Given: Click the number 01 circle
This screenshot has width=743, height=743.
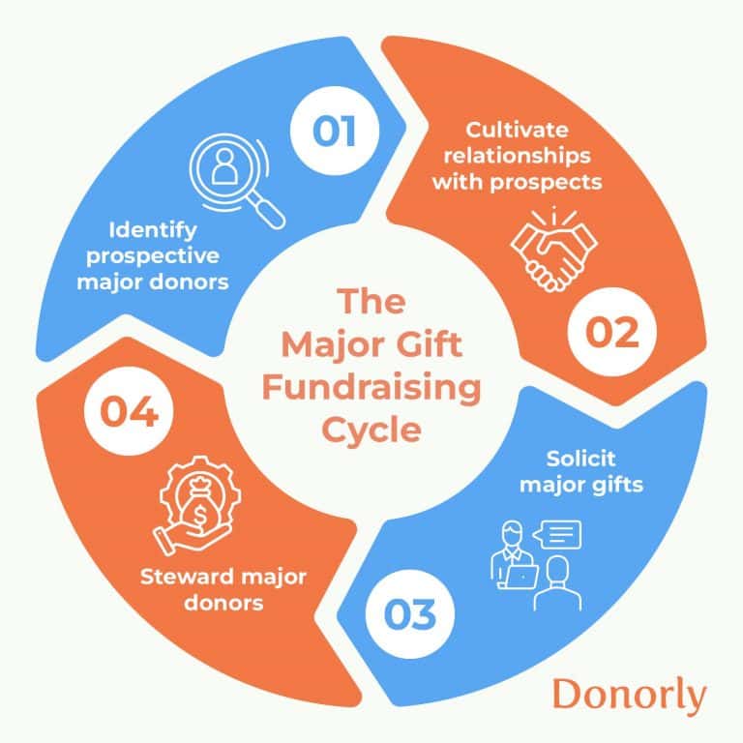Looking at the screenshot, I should (x=334, y=132).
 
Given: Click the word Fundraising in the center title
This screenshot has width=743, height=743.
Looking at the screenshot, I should (x=372, y=390).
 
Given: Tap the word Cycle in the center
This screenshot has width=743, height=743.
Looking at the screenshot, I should (x=372, y=428).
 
